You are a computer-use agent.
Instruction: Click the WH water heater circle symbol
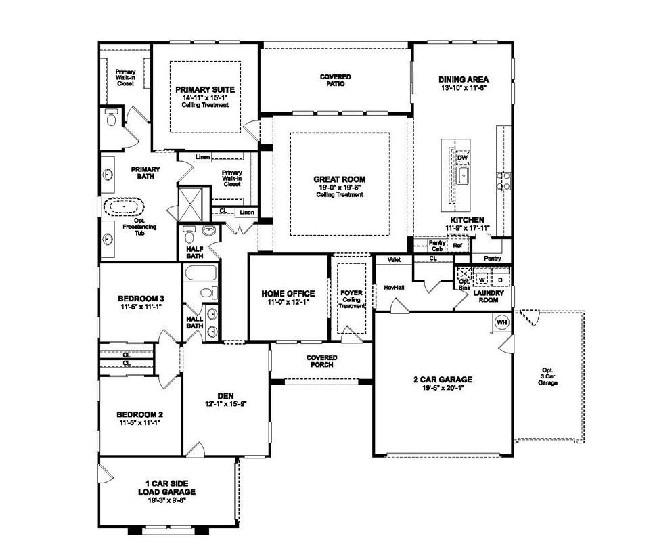pyautogui.click(x=501, y=322)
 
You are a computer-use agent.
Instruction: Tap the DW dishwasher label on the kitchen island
pyautogui.click(x=463, y=158)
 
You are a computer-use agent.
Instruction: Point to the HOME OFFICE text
pyautogui.click(x=288, y=294)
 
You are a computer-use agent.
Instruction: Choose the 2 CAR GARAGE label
pyautogui.click(x=443, y=380)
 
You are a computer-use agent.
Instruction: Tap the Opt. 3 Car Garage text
pyautogui.click(x=547, y=378)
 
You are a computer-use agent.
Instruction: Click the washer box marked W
pyautogui.click(x=482, y=279)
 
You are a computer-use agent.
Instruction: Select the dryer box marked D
pyautogui.click(x=500, y=279)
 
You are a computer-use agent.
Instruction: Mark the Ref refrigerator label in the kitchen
pyautogui.click(x=448, y=245)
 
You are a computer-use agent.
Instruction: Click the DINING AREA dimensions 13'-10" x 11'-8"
pyautogui.click(x=464, y=88)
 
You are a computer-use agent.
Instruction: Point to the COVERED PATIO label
pyautogui.click(x=336, y=81)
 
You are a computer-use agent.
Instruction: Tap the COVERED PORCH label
pyautogui.click(x=321, y=361)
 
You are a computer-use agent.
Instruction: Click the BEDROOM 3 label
pyautogui.click(x=141, y=299)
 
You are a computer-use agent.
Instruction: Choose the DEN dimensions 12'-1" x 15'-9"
pyautogui.click(x=225, y=403)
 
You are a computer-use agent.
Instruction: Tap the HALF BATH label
pyautogui.click(x=195, y=252)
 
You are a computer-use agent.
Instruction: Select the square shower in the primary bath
pyautogui.click(x=191, y=203)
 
